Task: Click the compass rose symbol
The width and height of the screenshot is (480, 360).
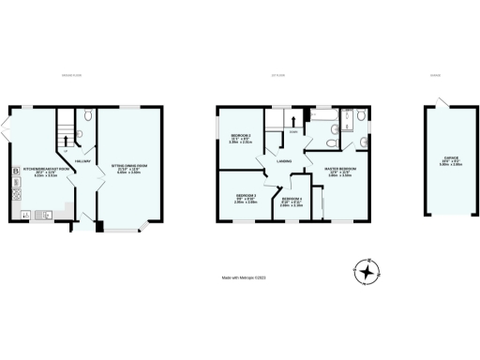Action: [371, 273]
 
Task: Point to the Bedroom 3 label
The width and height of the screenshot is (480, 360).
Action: [246, 198]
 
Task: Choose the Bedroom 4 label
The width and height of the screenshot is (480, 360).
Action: [292, 202]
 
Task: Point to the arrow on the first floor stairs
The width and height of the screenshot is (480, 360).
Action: [293, 120]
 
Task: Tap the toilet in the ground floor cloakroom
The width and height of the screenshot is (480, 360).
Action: [88, 116]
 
